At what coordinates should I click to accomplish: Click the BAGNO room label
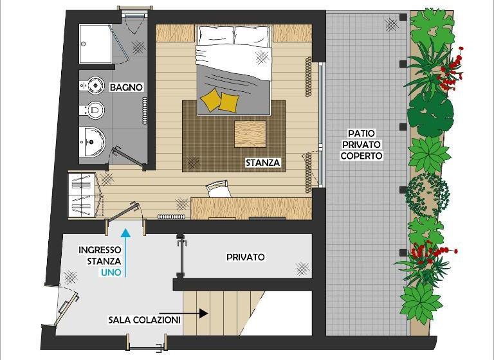tap(126, 87)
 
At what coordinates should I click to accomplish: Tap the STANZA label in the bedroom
tap(262, 163)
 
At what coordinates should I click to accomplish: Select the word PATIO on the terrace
tap(361, 133)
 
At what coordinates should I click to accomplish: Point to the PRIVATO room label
tap(246, 257)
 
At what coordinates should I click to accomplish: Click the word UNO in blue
tap(111, 273)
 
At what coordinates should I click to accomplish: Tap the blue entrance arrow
tap(125, 253)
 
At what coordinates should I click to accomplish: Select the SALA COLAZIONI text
tap(145, 320)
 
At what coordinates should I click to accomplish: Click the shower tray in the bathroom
tap(95, 44)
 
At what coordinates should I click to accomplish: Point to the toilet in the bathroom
tap(93, 85)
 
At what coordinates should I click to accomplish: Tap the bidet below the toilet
tap(92, 110)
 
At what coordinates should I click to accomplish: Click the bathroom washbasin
tap(92, 142)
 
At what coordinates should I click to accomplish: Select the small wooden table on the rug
tap(250, 134)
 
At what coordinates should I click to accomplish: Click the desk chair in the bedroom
tap(217, 189)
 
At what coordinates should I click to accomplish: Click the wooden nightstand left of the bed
tap(175, 33)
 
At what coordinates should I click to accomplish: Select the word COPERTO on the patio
tap(361, 156)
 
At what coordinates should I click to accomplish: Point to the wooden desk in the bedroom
tap(252, 208)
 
